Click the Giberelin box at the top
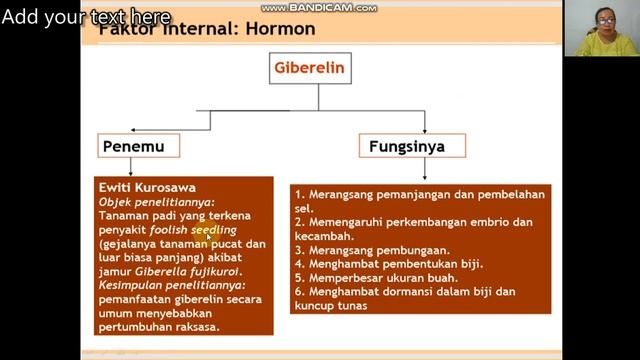pyautogui.click(x=318, y=70)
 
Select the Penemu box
pyautogui.click(x=139, y=146)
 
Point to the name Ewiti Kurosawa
pyautogui.click(x=147, y=187)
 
